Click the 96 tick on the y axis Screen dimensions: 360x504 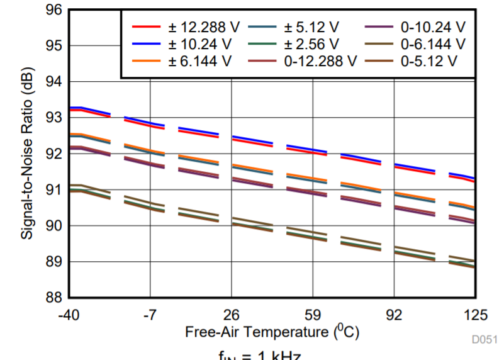[x=54, y=10]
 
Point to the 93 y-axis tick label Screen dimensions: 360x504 [x=54, y=118]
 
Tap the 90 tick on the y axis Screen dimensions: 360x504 [x=54, y=225]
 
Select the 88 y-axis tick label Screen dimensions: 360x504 [x=54, y=297]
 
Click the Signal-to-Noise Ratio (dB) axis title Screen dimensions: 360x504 [x=28, y=162]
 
